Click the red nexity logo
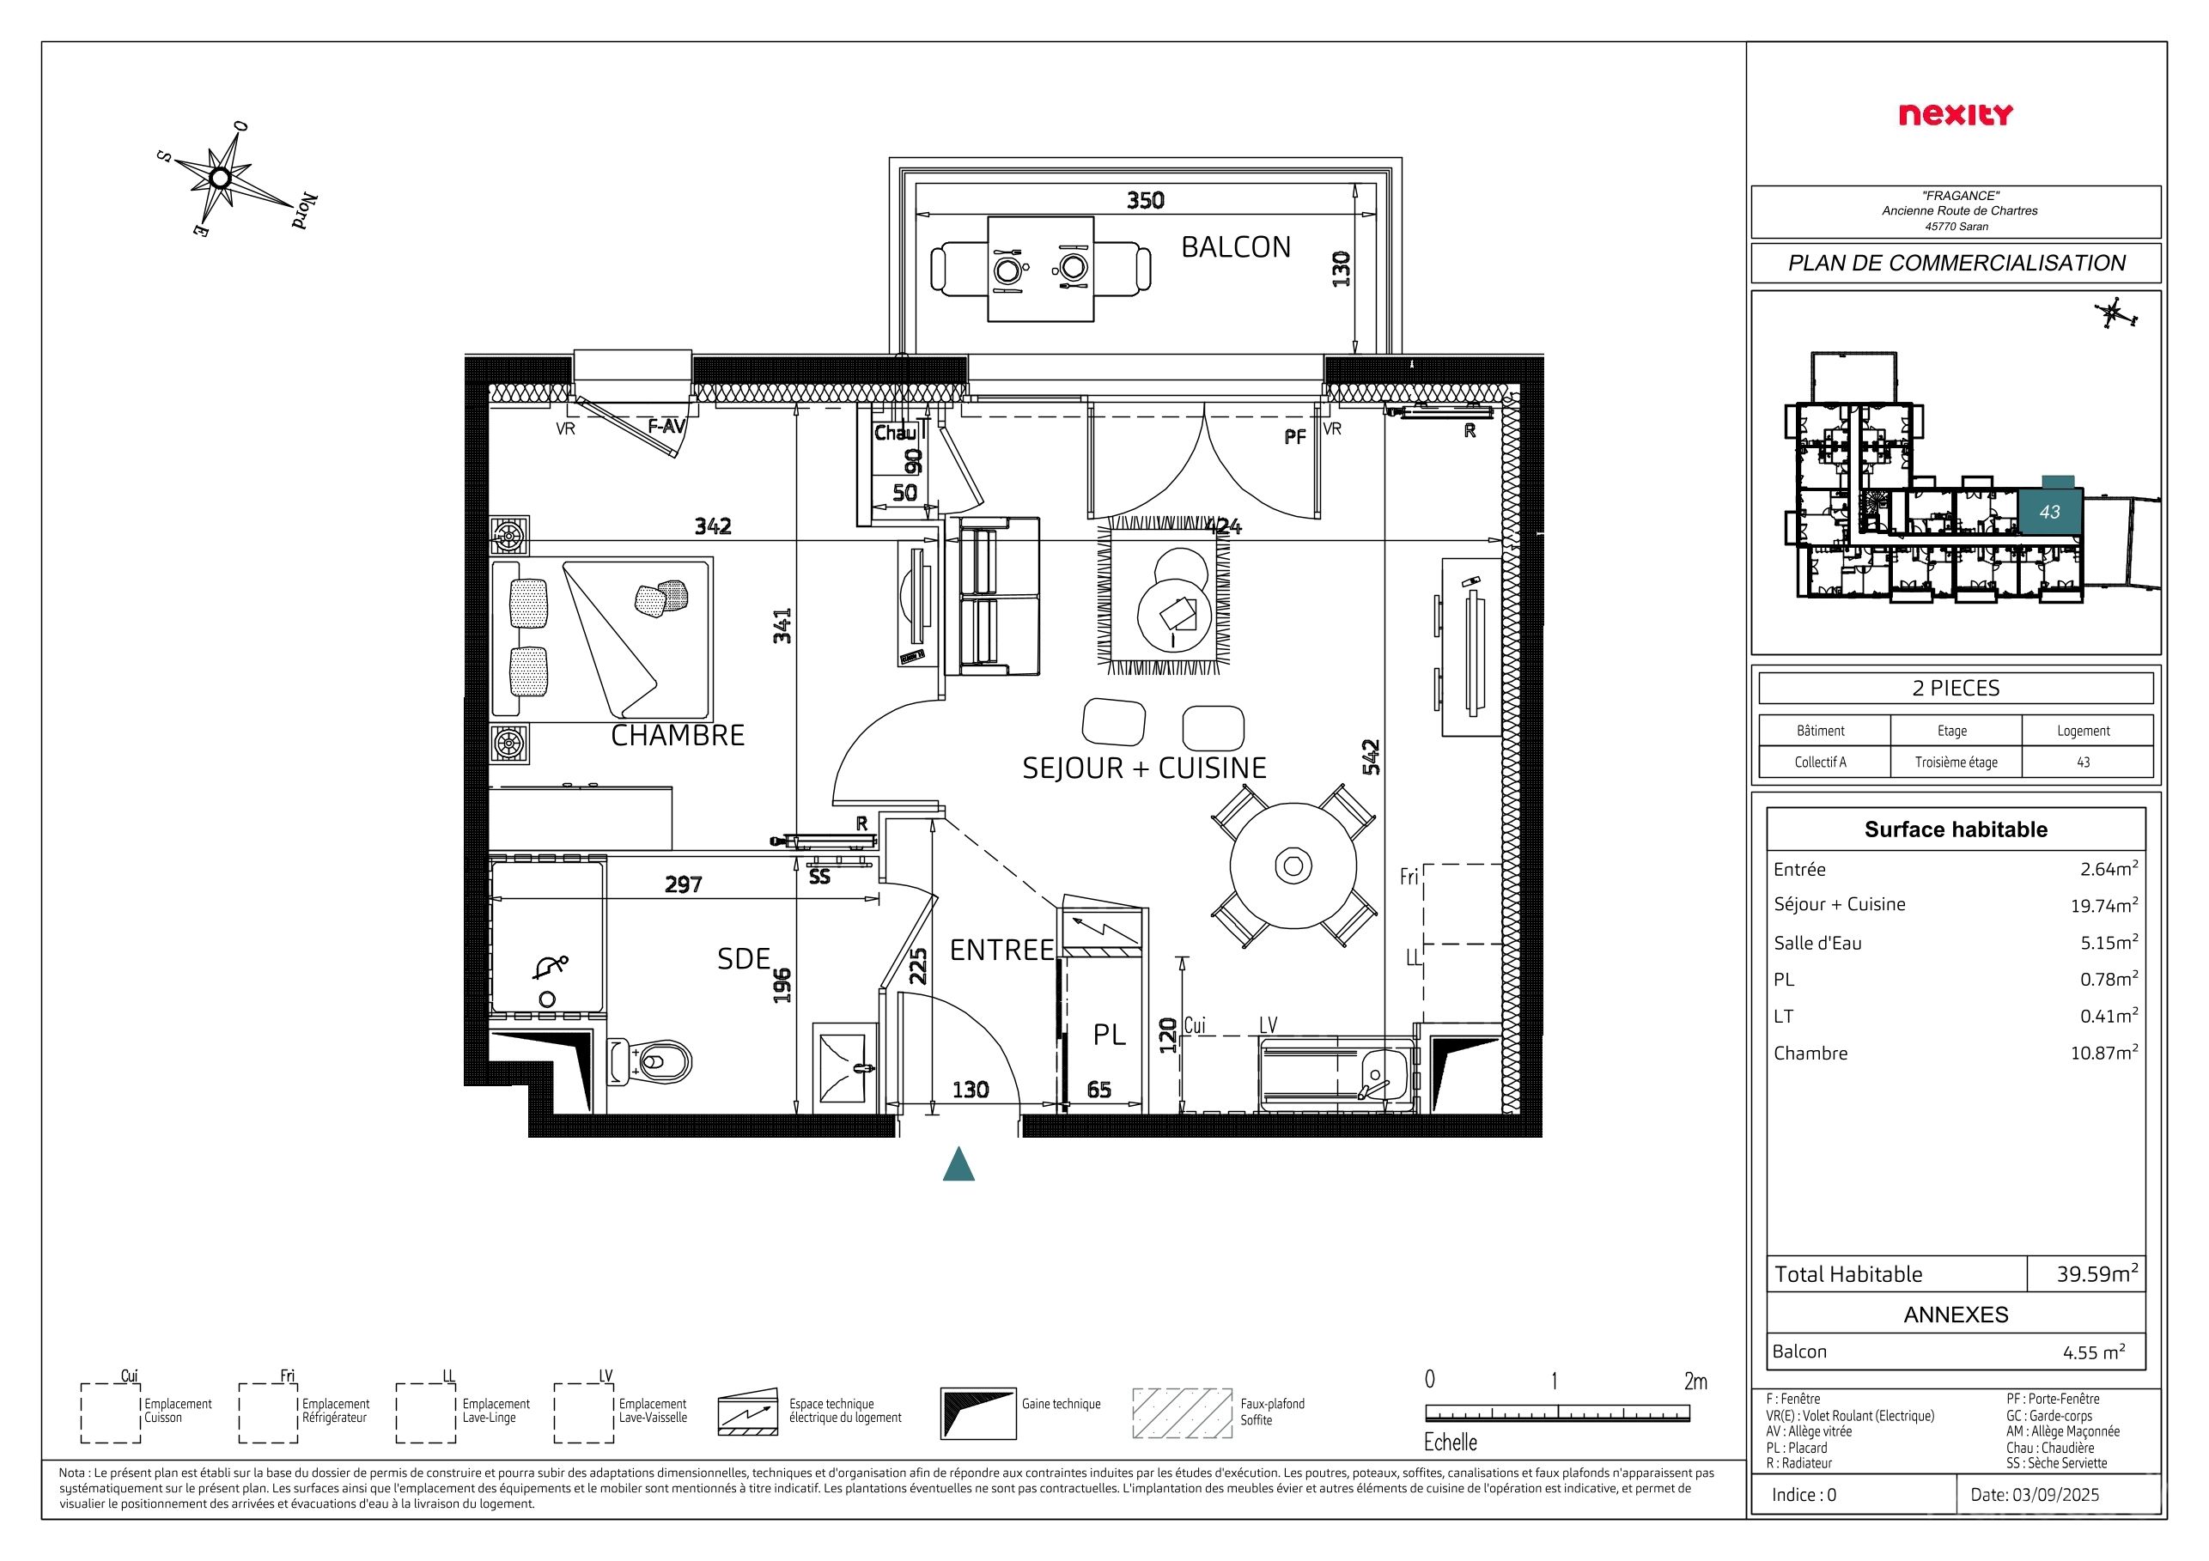pos(1955,114)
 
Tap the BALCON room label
pos(1235,247)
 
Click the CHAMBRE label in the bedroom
pos(678,735)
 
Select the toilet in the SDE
pos(650,1062)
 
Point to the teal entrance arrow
pos(958,1163)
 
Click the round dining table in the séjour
pos(1293,866)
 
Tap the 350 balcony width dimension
pos(1145,200)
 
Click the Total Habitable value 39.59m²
pos(2097,1273)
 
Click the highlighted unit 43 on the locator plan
pos(2049,512)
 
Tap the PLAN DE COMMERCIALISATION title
pos(1956,263)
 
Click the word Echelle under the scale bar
pos(1450,1442)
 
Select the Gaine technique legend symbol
pos(978,1412)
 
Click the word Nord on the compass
pos(305,210)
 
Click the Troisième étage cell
pos(1956,762)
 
